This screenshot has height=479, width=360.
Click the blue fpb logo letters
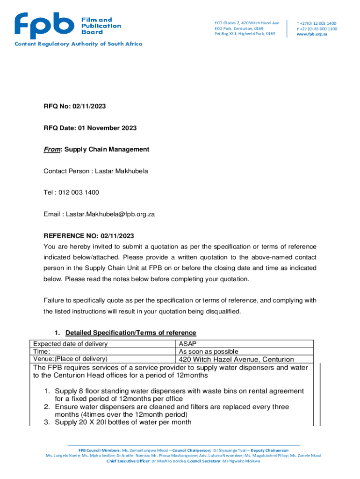[x=44, y=25]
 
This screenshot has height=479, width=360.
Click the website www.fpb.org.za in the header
[x=312, y=34]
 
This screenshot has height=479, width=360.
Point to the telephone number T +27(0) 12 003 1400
[x=317, y=23]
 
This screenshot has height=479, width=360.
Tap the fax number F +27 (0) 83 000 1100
[x=317, y=29]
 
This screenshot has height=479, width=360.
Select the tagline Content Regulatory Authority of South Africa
[x=78, y=44]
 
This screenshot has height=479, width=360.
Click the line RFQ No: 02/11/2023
[x=75, y=107]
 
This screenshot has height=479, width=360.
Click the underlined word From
[x=52, y=150]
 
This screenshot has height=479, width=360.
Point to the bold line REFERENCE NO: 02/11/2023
[x=89, y=236]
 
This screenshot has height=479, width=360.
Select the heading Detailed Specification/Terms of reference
[x=130, y=333]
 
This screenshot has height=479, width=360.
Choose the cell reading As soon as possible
[x=209, y=351]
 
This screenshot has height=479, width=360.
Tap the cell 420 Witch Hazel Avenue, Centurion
[x=236, y=359]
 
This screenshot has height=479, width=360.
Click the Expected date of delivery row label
[x=70, y=344]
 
